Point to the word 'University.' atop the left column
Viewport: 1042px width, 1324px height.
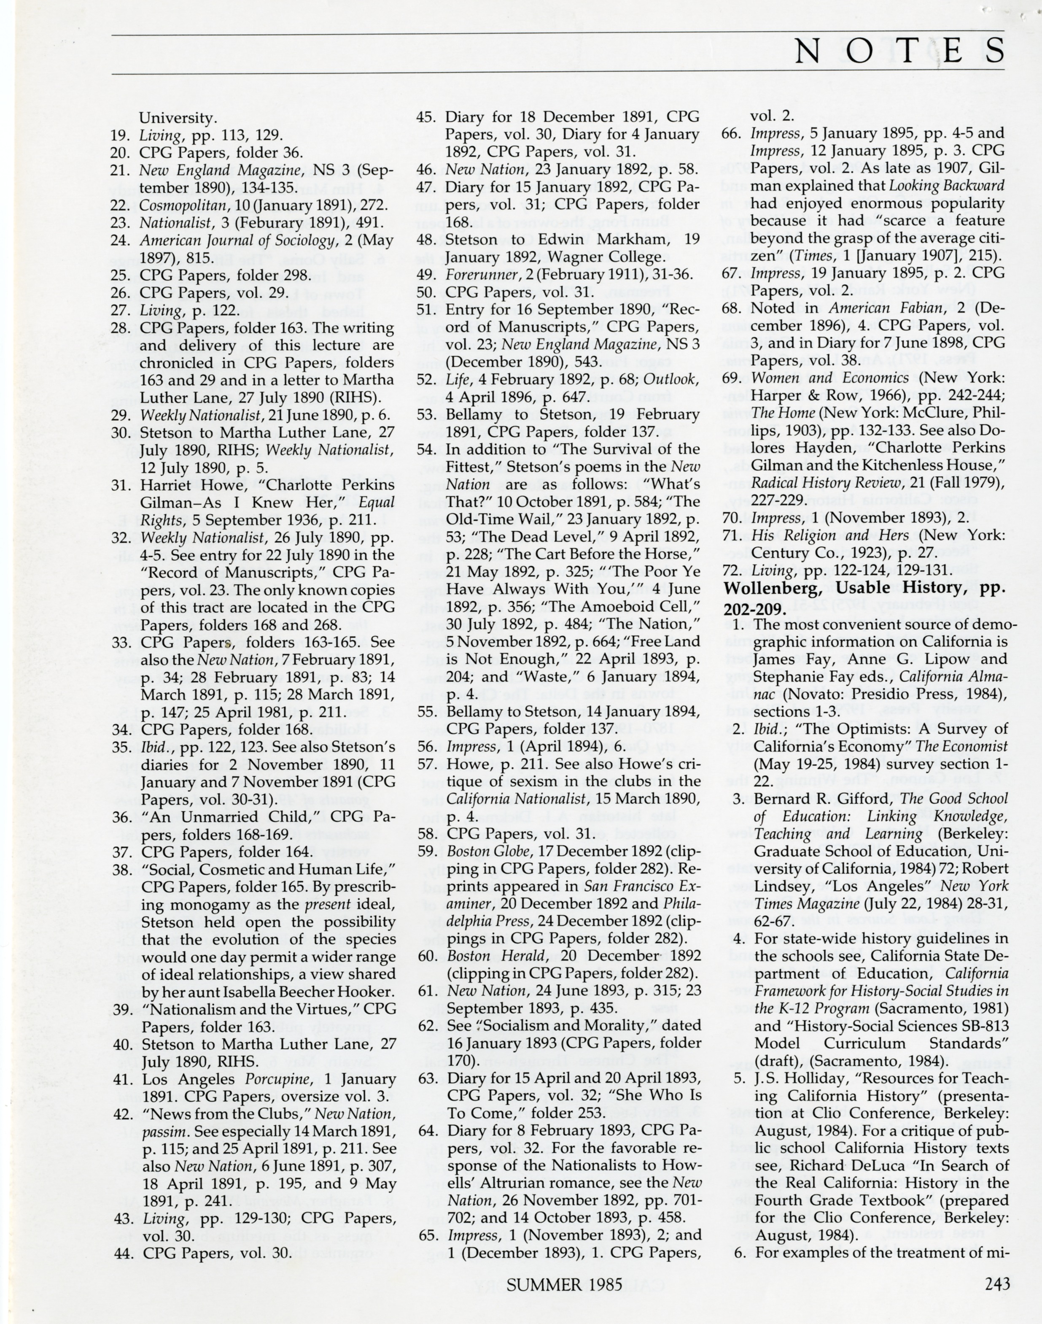pyautogui.click(x=178, y=118)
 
